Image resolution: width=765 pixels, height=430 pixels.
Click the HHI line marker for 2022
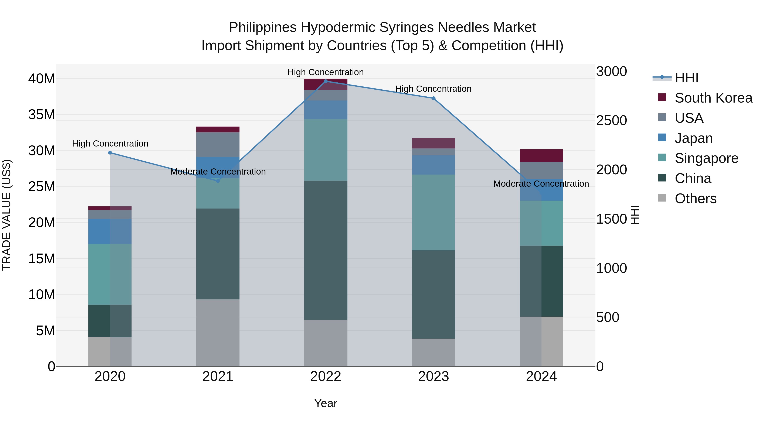(326, 81)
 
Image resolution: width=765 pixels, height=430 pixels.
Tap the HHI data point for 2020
(110, 152)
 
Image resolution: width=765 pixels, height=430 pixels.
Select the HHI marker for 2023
(433, 98)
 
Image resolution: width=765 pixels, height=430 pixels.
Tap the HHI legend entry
(686, 78)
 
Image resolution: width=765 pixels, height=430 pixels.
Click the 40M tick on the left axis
(42, 79)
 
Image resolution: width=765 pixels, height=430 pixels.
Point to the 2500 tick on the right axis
(611, 120)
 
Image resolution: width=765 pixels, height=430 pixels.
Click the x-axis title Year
(326, 403)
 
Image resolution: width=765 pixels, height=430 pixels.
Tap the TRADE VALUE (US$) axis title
(7, 215)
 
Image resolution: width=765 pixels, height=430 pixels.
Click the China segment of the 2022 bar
(326, 250)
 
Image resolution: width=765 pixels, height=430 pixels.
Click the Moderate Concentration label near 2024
(541, 184)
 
